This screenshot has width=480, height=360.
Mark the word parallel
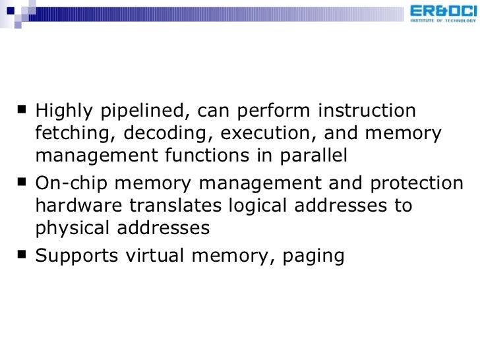(313, 156)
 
